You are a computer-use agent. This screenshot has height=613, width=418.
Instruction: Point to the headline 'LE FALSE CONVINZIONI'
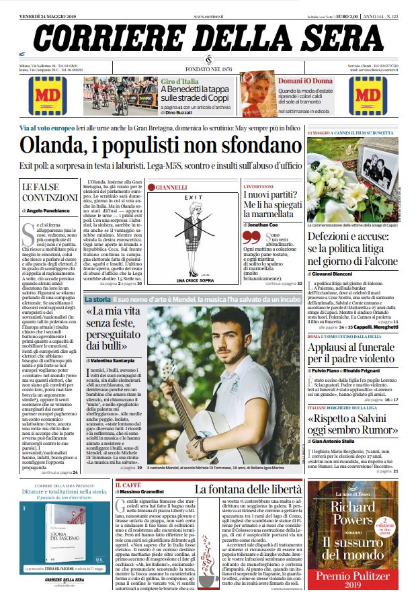click(50, 192)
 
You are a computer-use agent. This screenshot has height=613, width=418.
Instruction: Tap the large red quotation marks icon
click(251, 237)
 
